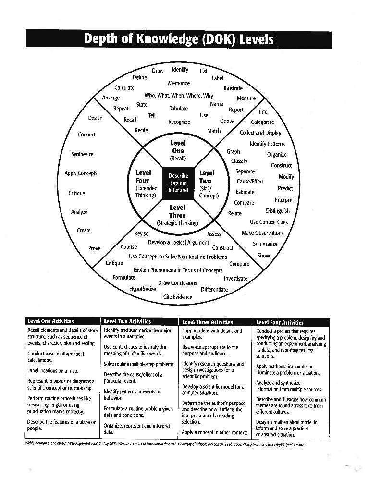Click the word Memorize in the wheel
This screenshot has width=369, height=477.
[179, 83]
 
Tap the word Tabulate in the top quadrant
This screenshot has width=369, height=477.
[179, 109]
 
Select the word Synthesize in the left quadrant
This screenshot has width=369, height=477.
[82, 154]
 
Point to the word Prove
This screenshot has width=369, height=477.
[95, 248]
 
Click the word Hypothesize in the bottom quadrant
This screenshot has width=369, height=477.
[143, 289]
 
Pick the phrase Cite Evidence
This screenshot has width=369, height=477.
[178, 297]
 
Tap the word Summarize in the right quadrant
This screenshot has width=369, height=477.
[265, 244]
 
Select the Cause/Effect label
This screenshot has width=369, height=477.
[250, 182]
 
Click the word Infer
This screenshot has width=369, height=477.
[264, 112]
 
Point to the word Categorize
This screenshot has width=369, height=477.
[262, 122]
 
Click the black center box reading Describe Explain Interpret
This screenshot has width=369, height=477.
[178, 183]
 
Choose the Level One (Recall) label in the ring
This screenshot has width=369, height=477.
[178, 150]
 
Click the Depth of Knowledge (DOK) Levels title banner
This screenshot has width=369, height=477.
[179, 39]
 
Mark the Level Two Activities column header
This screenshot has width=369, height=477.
[127, 321]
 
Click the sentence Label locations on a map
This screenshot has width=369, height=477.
[53, 371]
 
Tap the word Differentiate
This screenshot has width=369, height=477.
[214, 289]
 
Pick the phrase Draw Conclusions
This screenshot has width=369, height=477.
[178, 283]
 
